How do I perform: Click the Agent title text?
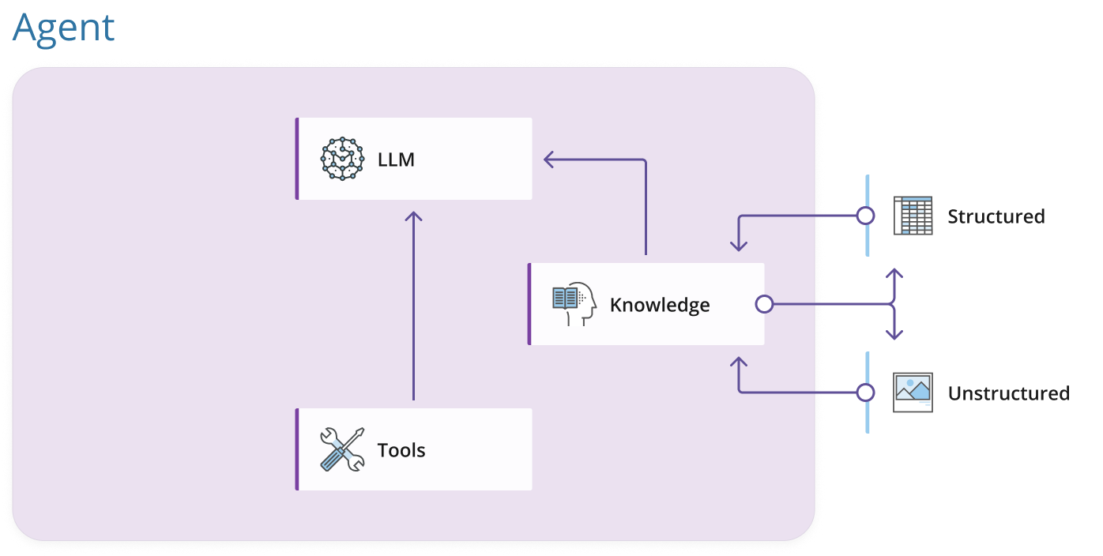64,28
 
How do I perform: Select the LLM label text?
396,160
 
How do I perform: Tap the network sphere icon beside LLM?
342,159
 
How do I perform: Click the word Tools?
401,450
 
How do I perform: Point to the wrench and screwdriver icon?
342,449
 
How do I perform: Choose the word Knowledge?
660,305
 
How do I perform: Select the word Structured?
996,216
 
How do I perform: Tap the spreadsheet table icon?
913,216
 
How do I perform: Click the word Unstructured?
1009,393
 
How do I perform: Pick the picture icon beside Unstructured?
913,393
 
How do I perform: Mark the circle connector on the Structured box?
866,216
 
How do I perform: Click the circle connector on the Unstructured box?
866,393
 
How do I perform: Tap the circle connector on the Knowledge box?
763,304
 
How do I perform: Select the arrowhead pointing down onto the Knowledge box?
739,246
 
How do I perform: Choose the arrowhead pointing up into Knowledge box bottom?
739,363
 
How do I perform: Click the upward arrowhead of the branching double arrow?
894,275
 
